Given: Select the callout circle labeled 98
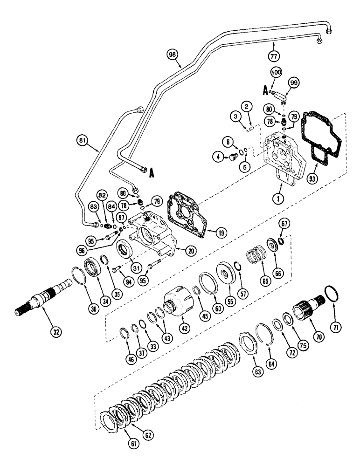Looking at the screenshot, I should pyautogui.click(x=173, y=55).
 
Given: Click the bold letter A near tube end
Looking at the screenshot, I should pyautogui.click(x=152, y=173).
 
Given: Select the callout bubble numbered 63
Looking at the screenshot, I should pyautogui.click(x=258, y=372).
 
